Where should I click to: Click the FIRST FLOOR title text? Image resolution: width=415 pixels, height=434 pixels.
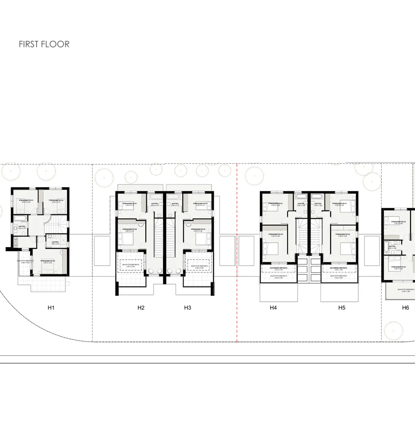point(44,44)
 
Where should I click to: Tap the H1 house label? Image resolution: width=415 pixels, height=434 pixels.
point(51,308)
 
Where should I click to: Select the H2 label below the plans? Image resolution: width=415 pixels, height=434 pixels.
point(141,308)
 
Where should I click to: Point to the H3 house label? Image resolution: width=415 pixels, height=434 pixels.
point(187,308)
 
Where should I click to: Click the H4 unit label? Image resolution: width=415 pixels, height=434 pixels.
point(273,308)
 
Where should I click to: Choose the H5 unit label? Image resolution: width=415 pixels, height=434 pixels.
point(341,308)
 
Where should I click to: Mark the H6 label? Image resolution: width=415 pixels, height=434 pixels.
point(405,308)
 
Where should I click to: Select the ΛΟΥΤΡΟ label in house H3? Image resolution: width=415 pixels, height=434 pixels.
point(175,204)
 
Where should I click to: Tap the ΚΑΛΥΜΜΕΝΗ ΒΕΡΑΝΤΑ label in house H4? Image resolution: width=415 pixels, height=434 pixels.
point(278,268)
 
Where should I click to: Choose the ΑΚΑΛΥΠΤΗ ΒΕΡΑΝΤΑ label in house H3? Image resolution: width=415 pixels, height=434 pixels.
point(199,266)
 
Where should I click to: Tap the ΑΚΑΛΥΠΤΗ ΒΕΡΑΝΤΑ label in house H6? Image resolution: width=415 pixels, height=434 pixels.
point(406,290)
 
